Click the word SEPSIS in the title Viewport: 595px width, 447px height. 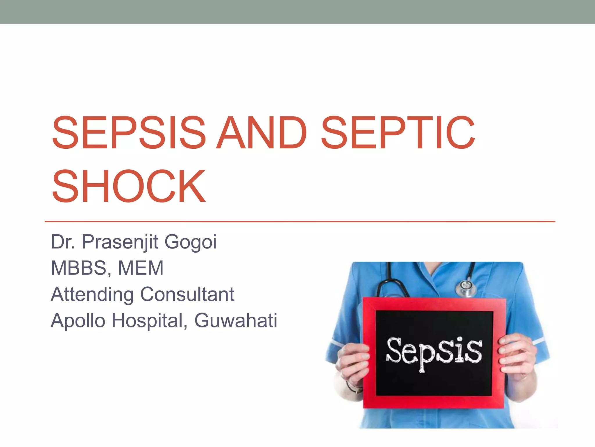pyautogui.click(x=129, y=133)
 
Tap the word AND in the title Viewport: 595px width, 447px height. pyautogui.click(x=262, y=133)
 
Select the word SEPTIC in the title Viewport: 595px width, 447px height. pyautogui.click(x=398, y=133)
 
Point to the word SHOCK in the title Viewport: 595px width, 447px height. pyautogui.click(x=129, y=187)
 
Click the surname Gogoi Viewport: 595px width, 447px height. pyautogui.click(x=191, y=242)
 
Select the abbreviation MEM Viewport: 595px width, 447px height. pyautogui.click(x=141, y=268)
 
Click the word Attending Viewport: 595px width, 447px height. pyautogui.click(x=92, y=294)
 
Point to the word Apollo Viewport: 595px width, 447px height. pyautogui.click(x=78, y=321)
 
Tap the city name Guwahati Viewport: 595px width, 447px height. pyautogui.click(x=236, y=321)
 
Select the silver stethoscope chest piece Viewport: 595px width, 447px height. pyautogui.click(x=466, y=287)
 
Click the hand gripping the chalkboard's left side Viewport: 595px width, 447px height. pyautogui.click(x=353, y=364)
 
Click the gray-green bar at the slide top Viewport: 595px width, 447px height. pyautogui.click(x=297, y=12)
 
